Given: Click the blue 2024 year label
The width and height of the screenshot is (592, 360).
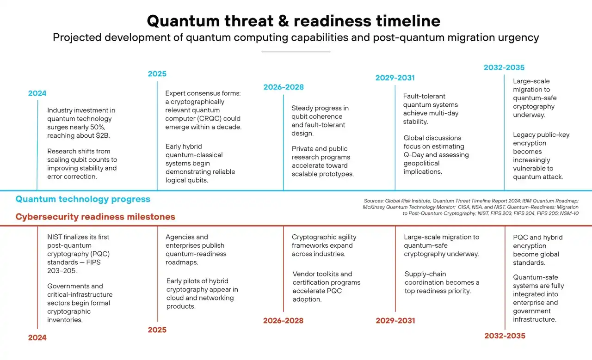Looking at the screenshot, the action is click(x=37, y=93).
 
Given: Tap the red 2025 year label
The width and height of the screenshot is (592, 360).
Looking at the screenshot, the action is click(x=157, y=329).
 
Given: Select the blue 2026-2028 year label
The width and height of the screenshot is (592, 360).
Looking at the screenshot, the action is click(x=284, y=87).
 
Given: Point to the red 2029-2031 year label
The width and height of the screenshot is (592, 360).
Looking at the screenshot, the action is click(x=395, y=320).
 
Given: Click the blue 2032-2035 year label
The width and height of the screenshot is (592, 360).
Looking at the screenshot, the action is click(x=504, y=67).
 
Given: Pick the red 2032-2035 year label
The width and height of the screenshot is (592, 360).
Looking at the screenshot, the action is click(x=505, y=336).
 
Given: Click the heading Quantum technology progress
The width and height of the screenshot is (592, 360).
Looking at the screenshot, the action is click(x=83, y=199).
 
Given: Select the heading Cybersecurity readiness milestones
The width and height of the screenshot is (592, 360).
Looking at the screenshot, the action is click(x=95, y=217).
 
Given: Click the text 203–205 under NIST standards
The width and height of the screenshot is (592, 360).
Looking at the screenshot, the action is click(x=62, y=271).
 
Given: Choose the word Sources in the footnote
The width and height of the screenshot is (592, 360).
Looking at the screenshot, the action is click(x=374, y=201).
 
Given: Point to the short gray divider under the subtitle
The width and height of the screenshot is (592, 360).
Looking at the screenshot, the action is click(x=296, y=51).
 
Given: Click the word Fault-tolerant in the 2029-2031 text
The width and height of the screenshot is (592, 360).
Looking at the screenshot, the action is click(x=424, y=97).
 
